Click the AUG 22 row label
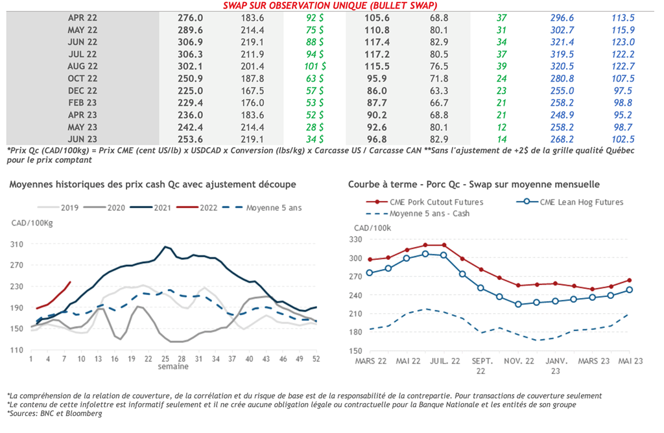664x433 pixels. tap(82, 66)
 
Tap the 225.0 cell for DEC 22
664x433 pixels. tap(190, 91)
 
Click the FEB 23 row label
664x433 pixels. tap(82, 102)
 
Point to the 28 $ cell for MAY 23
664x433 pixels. tap(314, 127)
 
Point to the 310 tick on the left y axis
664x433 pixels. tap(18, 244)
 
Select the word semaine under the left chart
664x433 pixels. tap(173, 367)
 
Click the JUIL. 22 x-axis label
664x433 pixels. tap(444, 360)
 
